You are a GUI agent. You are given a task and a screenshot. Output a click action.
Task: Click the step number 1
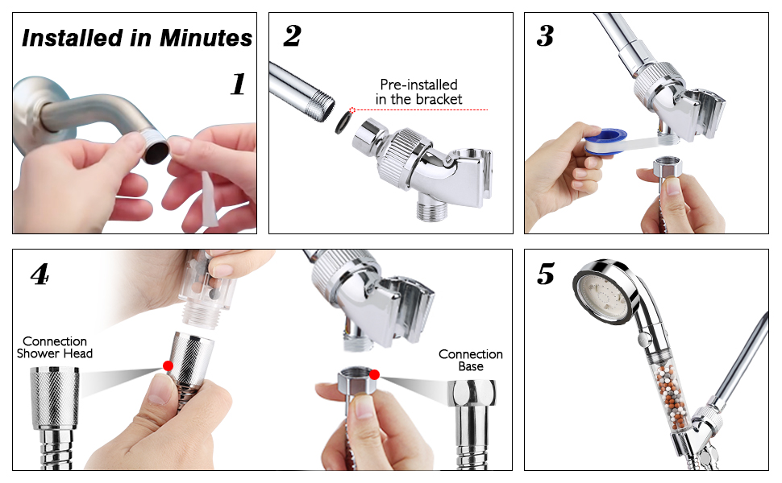pyautogui.click(x=237, y=84)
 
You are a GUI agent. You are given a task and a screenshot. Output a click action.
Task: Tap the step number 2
pyautogui.click(x=292, y=36)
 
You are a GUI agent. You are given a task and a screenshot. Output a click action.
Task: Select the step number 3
pyautogui.click(x=546, y=36)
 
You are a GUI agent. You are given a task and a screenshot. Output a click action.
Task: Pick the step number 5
pyautogui.click(x=546, y=275)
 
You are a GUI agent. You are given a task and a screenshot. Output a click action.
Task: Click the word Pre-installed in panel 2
pyautogui.click(x=418, y=85)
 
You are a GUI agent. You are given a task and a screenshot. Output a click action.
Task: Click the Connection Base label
pyautogui.click(x=470, y=360)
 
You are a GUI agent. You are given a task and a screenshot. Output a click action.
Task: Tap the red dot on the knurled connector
pyautogui.click(x=168, y=365)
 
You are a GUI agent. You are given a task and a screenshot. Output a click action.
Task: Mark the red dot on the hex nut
pyautogui.click(x=374, y=374)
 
